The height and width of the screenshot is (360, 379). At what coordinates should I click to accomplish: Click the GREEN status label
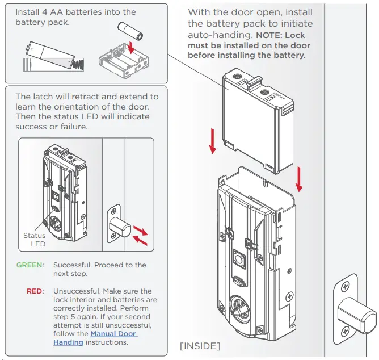[x=30, y=265]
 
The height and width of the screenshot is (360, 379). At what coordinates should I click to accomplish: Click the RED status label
[x=35, y=291]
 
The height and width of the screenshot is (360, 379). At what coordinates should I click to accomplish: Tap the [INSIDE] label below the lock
[x=200, y=346]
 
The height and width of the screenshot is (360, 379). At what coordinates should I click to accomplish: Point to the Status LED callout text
[x=34, y=240]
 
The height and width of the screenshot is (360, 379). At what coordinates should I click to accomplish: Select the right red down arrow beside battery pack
[x=299, y=179]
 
